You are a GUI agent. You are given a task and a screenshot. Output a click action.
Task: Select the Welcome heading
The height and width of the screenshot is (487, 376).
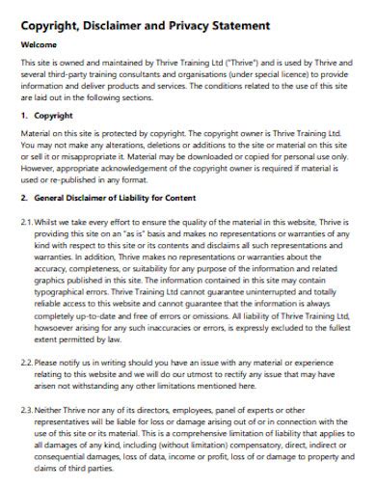click(40, 45)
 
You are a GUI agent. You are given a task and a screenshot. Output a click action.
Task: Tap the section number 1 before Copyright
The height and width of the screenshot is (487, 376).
click(24, 114)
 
